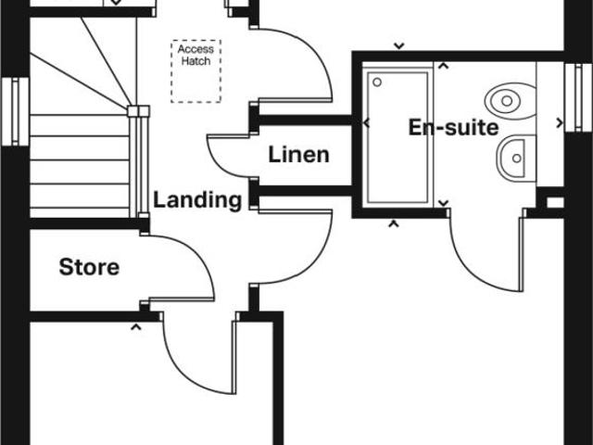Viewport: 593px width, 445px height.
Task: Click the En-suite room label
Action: pyautogui.click(x=453, y=128)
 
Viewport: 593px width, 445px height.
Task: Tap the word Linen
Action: pyautogui.click(x=298, y=154)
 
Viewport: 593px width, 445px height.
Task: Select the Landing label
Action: pyautogui.click(x=197, y=199)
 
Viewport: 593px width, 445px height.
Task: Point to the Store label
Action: pyautogui.click(x=89, y=268)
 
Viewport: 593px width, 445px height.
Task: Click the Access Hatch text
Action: pyautogui.click(x=195, y=56)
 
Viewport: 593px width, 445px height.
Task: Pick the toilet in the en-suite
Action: pyautogui.click(x=512, y=97)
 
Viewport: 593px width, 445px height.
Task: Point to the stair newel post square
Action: pyautogui.click(x=143, y=112)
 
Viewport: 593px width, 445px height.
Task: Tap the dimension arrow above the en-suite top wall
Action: pyautogui.click(x=398, y=44)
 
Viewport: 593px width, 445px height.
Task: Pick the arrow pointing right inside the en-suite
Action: pyautogui.click(x=558, y=121)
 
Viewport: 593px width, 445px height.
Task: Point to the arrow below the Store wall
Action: pyautogui.click(x=137, y=326)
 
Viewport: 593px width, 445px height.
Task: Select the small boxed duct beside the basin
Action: pyautogui.click(x=553, y=199)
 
